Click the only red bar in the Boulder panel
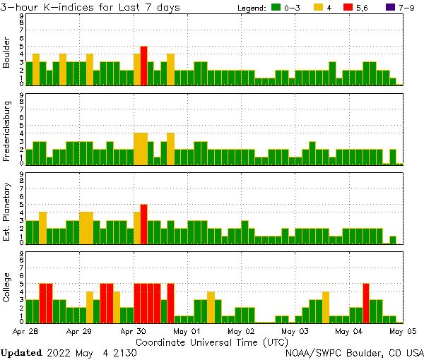point(143,66)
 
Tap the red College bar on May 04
point(366,302)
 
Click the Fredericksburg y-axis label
point(7,131)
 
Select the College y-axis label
point(7,289)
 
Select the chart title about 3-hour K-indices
point(90,7)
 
